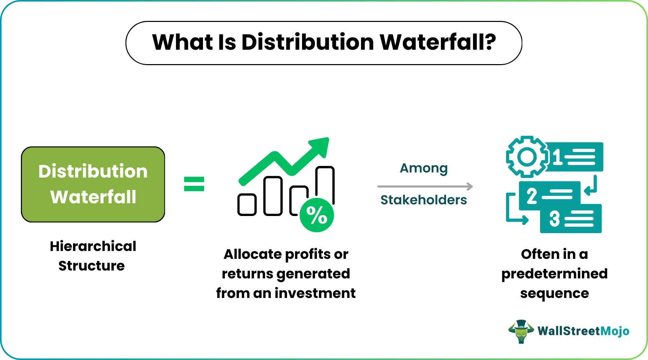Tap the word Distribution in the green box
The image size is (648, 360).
point(93,171)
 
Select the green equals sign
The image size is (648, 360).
point(194,184)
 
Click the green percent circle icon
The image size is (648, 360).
point(316,215)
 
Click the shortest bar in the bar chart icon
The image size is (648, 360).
point(247,205)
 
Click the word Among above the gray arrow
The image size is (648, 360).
point(424,168)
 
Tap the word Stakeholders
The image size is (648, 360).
point(424,200)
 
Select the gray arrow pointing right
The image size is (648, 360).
point(425,187)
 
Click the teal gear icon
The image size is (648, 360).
point(527,157)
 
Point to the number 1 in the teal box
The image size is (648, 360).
point(557,157)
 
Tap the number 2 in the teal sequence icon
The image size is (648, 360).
point(532,196)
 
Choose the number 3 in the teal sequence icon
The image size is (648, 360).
point(554,219)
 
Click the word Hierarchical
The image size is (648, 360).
point(93,246)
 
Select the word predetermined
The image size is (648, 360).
point(554,274)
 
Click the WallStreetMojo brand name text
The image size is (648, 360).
point(583,331)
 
